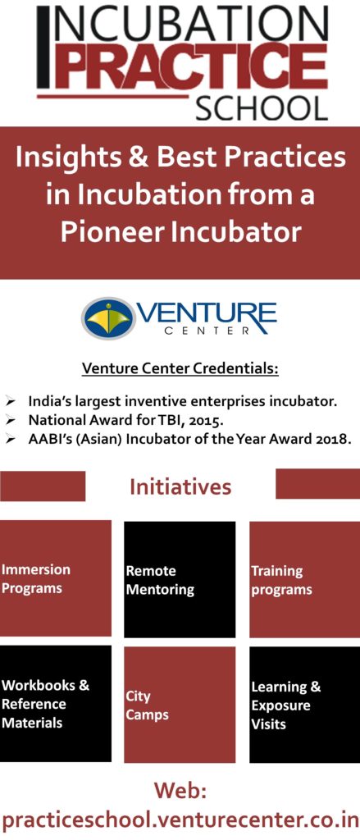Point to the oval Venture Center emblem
(108, 318)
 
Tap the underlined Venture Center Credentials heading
(180, 370)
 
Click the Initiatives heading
(180, 487)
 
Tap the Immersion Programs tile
(56, 578)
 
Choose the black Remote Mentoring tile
(180, 580)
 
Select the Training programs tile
(305, 580)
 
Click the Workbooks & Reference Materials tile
(56, 703)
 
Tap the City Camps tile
(180, 705)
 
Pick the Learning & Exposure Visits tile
(305, 705)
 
